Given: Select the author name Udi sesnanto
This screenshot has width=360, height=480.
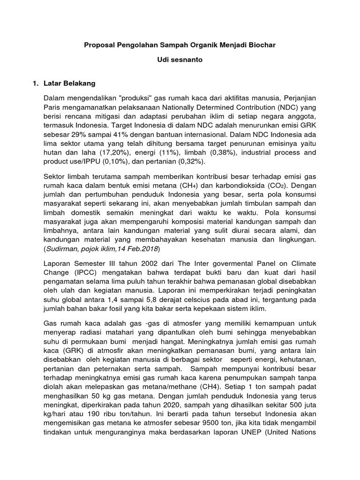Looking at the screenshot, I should tap(180, 60).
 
